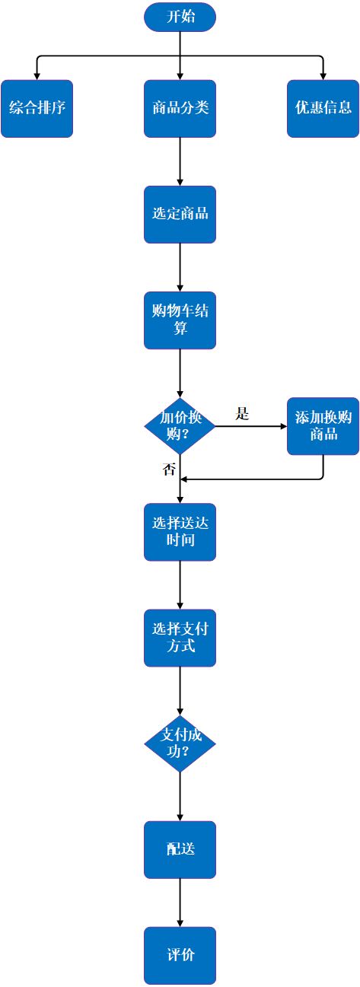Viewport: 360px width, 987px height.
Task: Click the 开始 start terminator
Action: pos(180,17)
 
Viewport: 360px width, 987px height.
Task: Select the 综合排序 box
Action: pos(37,108)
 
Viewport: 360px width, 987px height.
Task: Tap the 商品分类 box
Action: pos(180,108)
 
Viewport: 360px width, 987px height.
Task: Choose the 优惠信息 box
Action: pos(323,108)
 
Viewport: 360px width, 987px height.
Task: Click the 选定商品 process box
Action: pos(180,215)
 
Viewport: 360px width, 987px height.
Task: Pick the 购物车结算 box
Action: pos(180,320)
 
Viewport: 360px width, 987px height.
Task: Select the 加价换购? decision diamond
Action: pos(180,426)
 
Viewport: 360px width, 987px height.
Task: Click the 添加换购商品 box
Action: pos(323,426)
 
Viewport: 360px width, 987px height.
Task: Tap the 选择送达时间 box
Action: pos(180,532)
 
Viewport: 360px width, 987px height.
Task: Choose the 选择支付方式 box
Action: pos(180,638)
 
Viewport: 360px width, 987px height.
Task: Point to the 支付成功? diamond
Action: pos(180,743)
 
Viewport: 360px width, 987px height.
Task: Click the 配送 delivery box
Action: pos(180,849)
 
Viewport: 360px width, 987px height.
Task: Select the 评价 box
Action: pos(180,955)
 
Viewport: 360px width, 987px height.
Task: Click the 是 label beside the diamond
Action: pos(242,413)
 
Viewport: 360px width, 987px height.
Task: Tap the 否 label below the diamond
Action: pos(169,469)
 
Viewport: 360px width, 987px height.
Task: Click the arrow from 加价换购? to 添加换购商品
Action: pos(251,426)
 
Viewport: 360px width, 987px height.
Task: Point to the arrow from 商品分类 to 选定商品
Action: pos(180,161)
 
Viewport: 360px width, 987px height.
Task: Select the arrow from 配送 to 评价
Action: pos(180,903)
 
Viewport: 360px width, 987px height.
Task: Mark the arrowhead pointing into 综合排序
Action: pos(37,76)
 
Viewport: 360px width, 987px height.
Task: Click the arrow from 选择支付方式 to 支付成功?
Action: pos(180,691)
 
